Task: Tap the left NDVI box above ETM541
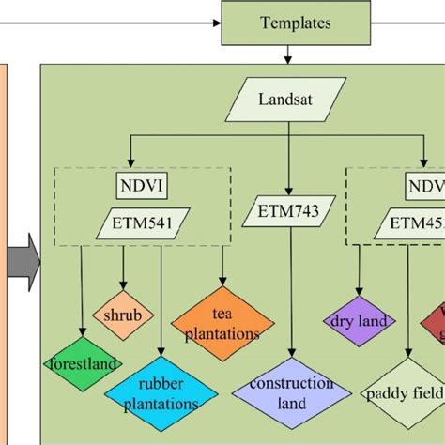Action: pyautogui.click(x=140, y=184)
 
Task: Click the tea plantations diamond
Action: pyautogui.click(x=222, y=325)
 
